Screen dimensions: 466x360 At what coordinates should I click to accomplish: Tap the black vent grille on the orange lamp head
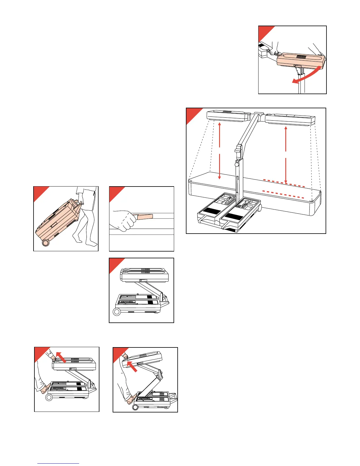(x=302, y=56)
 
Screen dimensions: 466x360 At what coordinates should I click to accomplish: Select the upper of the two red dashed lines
(x=284, y=183)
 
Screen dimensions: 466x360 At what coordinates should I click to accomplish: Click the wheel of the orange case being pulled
(x=46, y=243)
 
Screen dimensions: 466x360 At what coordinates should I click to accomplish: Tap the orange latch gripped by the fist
(x=145, y=217)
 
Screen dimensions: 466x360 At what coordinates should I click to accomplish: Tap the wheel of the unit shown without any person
(x=117, y=312)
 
